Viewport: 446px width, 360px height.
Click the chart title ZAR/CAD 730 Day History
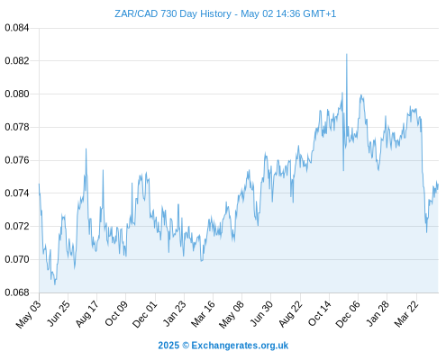[x=173, y=13]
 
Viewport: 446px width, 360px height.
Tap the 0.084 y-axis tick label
[x=17, y=28]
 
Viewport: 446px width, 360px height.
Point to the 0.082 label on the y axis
[x=17, y=61]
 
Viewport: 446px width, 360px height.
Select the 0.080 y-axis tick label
[x=17, y=94]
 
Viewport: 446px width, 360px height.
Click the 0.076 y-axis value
[x=17, y=160]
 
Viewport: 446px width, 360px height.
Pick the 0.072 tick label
[x=17, y=226]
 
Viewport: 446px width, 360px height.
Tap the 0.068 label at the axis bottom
[x=17, y=292]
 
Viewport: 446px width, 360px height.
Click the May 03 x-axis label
[x=28, y=314]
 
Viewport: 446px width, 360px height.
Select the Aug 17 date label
[x=86, y=313]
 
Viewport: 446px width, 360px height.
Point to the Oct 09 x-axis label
[x=115, y=313]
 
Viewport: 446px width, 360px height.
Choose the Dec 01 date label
[x=144, y=314]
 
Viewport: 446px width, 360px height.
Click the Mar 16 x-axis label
[x=203, y=313]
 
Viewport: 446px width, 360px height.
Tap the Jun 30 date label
[x=261, y=313]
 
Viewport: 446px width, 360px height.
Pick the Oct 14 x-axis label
[x=319, y=313]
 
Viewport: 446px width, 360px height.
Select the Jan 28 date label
[x=378, y=313]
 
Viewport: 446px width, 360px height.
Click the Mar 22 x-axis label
[x=406, y=314]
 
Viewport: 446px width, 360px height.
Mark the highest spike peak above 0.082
[x=347, y=54]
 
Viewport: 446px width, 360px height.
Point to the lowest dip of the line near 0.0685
[x=55, y=284]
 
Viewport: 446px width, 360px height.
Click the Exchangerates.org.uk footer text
[x=240, y=346]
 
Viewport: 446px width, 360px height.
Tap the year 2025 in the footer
[x=168, y=346]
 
